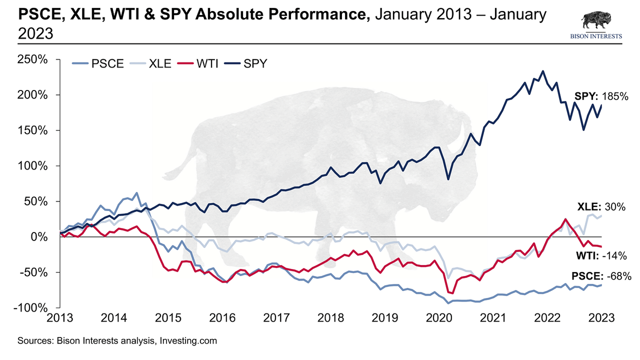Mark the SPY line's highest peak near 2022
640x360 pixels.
tap(543, 71)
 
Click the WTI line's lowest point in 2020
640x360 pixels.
tap(452, 293)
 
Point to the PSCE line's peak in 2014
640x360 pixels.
tap(136, 192)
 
